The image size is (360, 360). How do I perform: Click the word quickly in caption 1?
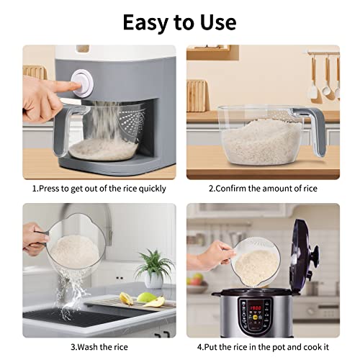pos(149,189)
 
